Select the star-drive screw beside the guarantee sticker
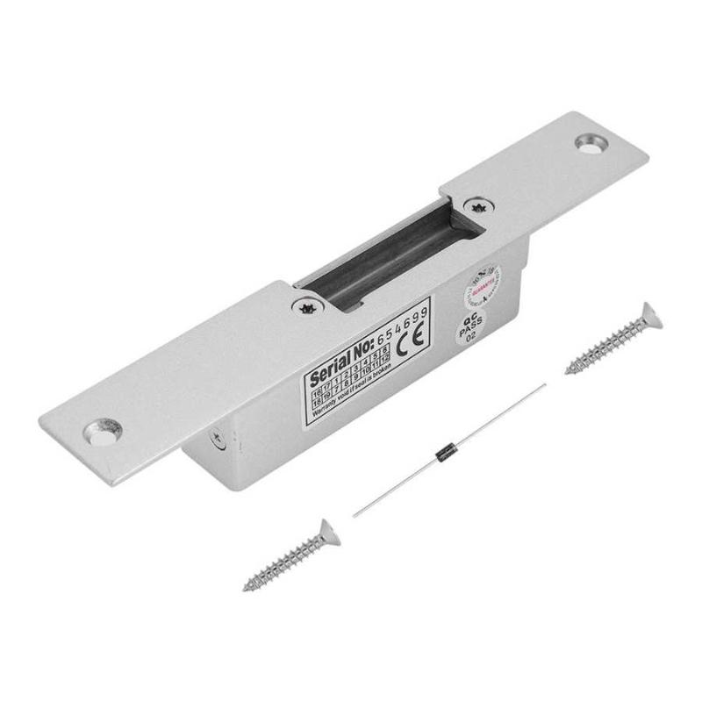[x=476, y=207]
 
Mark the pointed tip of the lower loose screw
[x=246, y=587]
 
